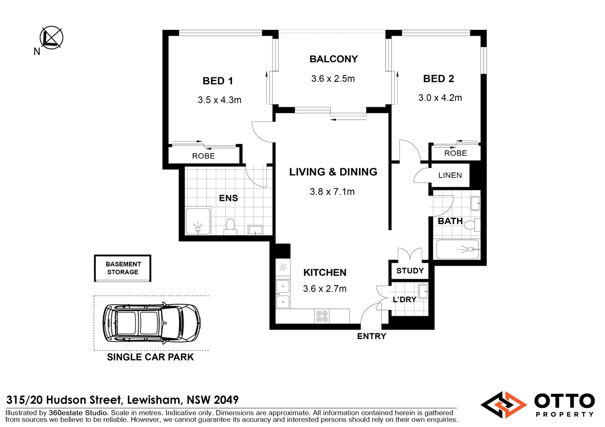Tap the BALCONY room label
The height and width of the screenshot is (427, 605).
point(333,59)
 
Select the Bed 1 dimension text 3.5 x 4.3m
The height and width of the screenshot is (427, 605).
point(219,100)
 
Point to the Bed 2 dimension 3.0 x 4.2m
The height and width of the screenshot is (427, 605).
point(440,98)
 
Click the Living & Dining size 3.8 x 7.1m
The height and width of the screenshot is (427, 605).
point(332,192)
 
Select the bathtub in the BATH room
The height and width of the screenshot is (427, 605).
point(458,249)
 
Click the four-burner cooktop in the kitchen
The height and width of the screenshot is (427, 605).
point(322,316)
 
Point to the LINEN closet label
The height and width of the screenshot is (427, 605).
point(450,175)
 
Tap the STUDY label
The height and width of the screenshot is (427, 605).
point(410,270)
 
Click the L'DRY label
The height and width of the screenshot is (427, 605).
point(404,299)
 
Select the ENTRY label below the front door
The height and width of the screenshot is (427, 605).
point(372,336)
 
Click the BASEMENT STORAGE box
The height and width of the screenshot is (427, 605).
point(123,268)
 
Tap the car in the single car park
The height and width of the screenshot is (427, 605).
point(152,323)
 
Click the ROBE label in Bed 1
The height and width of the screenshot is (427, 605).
point(204,156)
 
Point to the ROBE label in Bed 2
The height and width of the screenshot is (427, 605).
point(456,153)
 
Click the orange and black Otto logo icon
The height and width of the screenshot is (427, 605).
point(504,404)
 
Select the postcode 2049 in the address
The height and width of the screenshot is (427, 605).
point(226,400)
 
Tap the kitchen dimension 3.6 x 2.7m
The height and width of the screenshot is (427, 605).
point(325,289)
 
